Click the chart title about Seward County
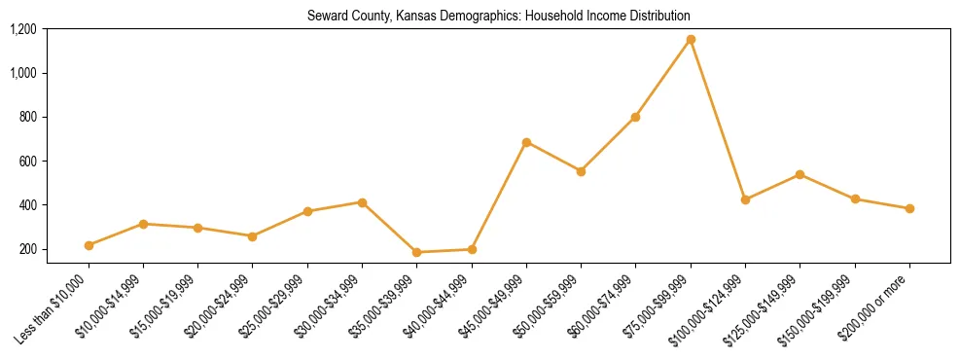(498, 17)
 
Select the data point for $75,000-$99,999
(691, 40)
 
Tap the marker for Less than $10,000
(89, 245)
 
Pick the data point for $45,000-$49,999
(526, 142)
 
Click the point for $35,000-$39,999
(416, 252)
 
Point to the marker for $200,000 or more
(909, 208)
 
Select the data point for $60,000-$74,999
(635, 117)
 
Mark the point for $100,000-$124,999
(745, 199)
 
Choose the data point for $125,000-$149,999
(800, 174)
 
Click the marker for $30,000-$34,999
(362, 202)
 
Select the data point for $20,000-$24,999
(252, 236)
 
